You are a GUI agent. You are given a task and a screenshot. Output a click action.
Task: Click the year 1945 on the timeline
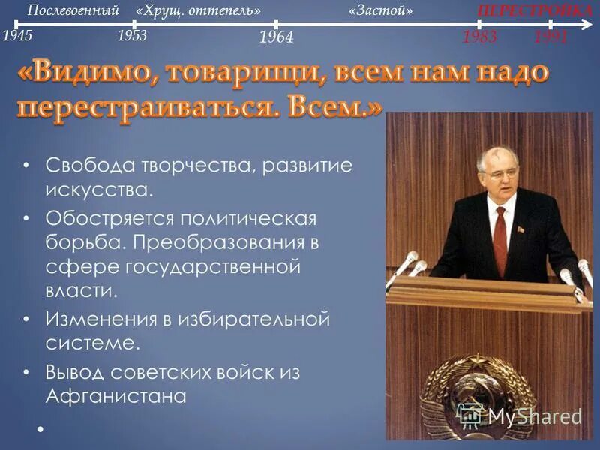[x=17, y=35]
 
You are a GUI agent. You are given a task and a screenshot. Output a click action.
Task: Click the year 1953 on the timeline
[x=133, y=35]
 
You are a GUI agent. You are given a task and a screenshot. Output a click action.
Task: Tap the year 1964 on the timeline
[x=275, y=37]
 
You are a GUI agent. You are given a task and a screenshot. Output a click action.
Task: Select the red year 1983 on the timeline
[x=479, y=37]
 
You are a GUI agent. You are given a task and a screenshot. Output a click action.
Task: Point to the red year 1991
[x=550, y=37]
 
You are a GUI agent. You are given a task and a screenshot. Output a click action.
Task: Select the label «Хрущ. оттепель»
[x=199, y=11]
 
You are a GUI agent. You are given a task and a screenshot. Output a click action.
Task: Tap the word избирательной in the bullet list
[x=254, y=319]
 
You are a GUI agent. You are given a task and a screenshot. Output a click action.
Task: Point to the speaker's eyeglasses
[x=498, y=172]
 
